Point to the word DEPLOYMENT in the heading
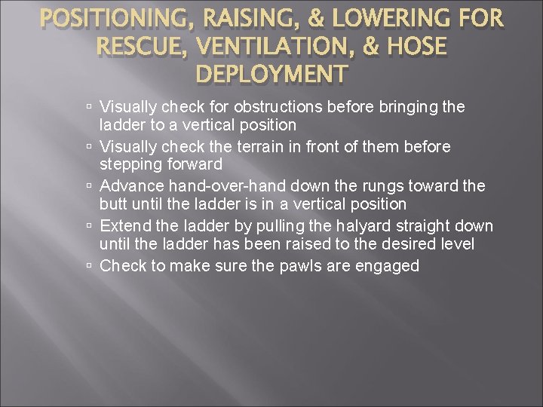pyautogui.click(x=271, y=74)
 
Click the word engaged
pyautogui.click(x=385, y=265)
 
